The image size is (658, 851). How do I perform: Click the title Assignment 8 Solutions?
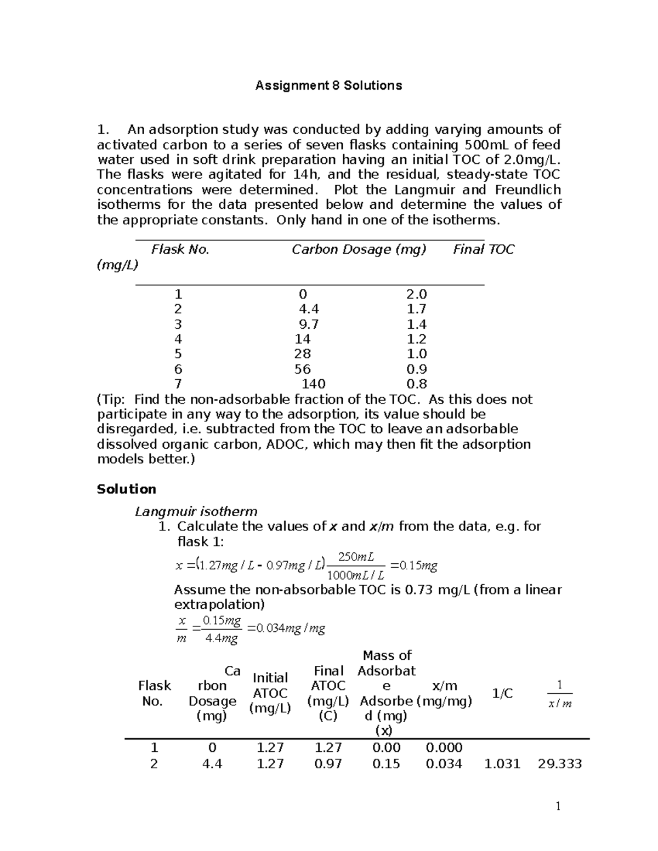coord(328,85)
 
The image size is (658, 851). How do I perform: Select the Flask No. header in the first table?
coord(180,250)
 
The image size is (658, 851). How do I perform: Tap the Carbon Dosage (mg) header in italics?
coord(359,250)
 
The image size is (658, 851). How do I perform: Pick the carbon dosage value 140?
coord(313,384)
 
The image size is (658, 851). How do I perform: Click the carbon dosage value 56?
coord(302,369)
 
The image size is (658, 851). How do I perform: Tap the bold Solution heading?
coord(126,489)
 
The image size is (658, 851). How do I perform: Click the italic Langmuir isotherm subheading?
coord(196,512)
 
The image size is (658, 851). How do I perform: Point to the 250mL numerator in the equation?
coord(356,557)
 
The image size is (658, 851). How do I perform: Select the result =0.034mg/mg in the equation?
coord(286,629)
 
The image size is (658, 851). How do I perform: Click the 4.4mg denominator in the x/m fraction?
coord(221,638)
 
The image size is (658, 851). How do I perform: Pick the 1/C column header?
coord(502,694)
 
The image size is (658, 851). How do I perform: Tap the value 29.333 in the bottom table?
coord(559,764)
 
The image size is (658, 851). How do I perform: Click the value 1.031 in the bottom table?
coord(502,764)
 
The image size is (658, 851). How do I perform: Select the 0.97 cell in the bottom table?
coord(328,764)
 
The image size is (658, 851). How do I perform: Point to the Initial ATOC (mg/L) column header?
coord(269,693)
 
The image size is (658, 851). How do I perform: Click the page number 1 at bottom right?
coord(558,806)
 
